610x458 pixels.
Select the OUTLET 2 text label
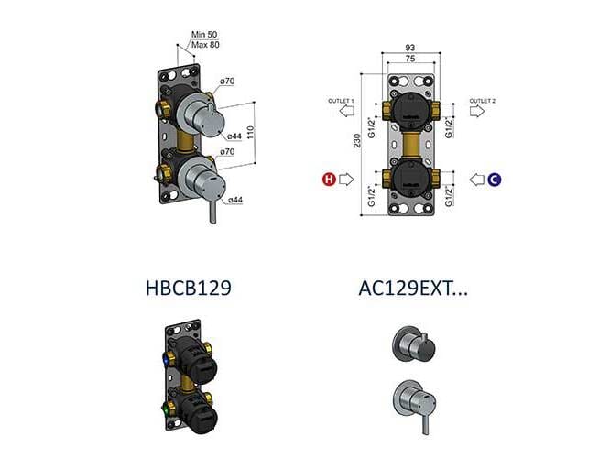click(x=483, y=100)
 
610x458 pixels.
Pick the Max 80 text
click(x=204, y=43)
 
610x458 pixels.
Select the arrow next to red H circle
click(x=346, y=179)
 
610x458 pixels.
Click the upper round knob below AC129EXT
click(x=407, y=343)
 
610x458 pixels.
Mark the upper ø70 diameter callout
click(x=227, y=82)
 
